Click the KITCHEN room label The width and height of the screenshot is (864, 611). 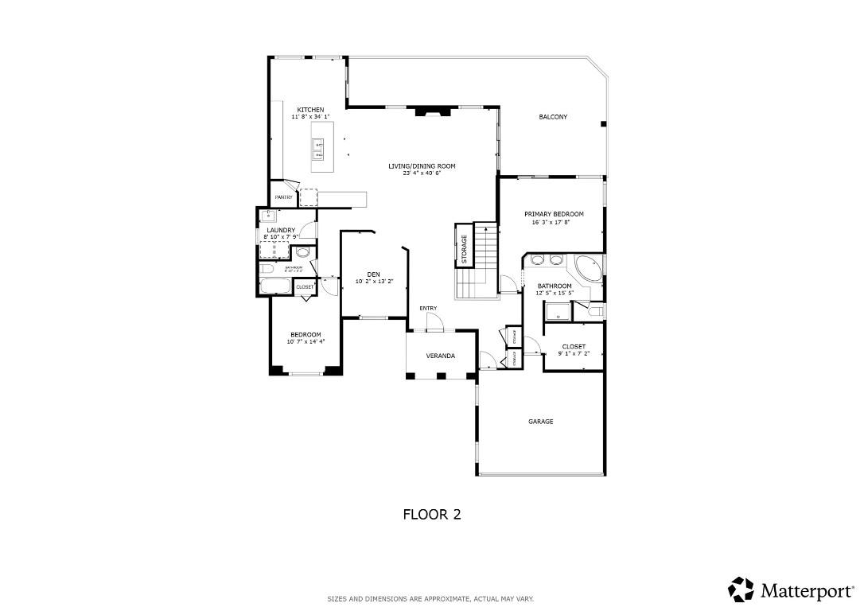tap(310, 110)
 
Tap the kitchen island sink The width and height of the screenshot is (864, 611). tap(318, 146)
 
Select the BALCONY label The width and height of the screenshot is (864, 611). tap(553, 117)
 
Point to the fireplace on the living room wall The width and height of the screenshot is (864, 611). tap(430, 112)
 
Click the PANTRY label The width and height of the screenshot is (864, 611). tap(283, 197)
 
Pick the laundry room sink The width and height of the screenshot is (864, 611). tap(268, 215)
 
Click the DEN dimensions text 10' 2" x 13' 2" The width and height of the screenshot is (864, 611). tap(374, 281)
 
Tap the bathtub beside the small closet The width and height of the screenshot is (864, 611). tap(276, 286)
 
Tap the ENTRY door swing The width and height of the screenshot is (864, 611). tap(434, 321)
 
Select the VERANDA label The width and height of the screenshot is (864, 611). tap(440, 356)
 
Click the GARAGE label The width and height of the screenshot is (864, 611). tap(540, 422)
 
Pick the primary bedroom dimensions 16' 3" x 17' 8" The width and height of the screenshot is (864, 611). tap(553, 223)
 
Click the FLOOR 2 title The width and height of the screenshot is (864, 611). tap(431, 515)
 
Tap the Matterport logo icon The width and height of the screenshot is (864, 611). tap(741, 590)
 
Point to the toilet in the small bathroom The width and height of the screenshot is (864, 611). tap(302, 252)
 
